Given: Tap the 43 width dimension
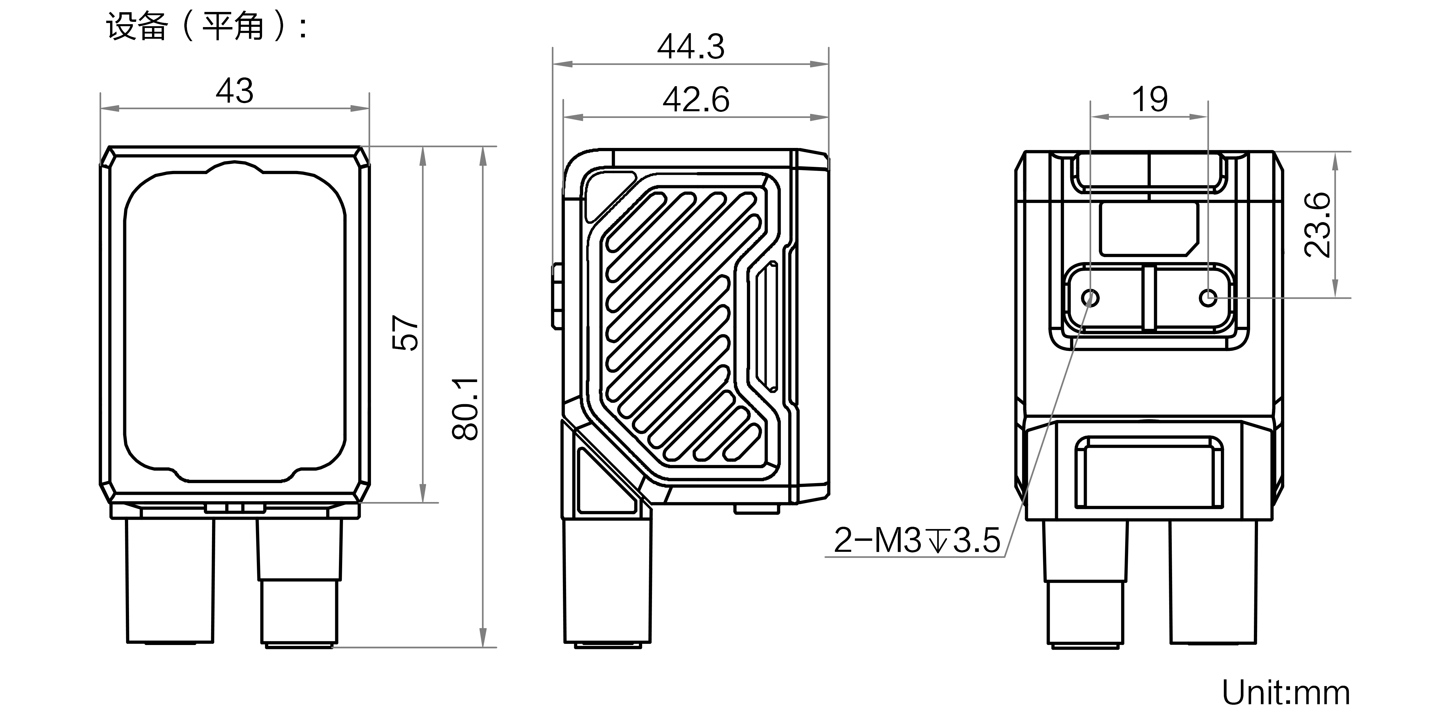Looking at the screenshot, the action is [x=235, y=91].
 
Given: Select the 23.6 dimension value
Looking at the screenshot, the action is [x=1317, y=225].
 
